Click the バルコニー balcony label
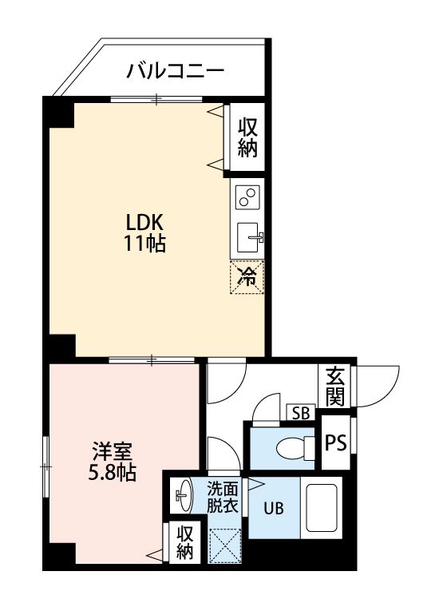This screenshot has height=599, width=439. point(176,73)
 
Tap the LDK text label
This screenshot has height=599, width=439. point(144,222)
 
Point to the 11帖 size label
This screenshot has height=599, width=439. point(144,244)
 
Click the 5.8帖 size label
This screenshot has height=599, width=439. point(112,473)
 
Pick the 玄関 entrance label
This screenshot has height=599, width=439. point(335,387)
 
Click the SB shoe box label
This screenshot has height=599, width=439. point(301,413)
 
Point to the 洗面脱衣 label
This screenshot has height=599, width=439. point(223,497)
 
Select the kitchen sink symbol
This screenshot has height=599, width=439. point(249,236)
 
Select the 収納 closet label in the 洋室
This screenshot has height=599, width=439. point(185,542)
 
